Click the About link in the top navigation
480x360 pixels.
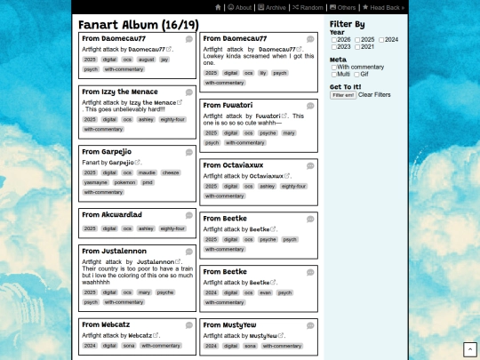240,7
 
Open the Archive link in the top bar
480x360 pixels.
272,7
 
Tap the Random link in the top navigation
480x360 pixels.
308,7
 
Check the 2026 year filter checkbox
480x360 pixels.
334,40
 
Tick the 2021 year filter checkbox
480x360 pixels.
358,47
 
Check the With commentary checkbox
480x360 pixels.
334,68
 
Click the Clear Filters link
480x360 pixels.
374,95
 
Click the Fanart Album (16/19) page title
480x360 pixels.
138,25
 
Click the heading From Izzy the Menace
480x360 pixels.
120,92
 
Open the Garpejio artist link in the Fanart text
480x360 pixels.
121,163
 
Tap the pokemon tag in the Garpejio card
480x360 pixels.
125,182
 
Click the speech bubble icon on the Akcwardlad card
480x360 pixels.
188,215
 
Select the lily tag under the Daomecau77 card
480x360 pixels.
262,73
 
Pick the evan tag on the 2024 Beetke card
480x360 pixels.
264,292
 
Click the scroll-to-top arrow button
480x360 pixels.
469,349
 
